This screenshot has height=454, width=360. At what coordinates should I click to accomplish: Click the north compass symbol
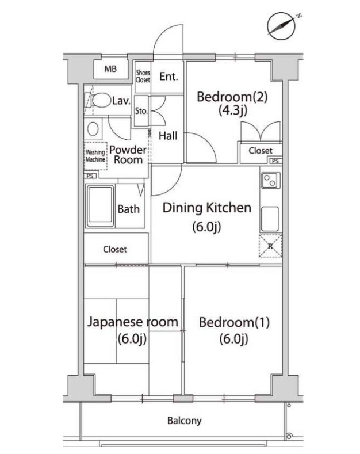coord(281,26)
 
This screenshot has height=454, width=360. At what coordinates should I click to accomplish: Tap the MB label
coord(110,69)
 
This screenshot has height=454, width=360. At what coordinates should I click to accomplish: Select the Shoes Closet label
coord(143,76)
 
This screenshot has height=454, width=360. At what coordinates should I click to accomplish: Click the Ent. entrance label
coord(168,77)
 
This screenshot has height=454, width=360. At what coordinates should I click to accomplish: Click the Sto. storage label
coord(141,111)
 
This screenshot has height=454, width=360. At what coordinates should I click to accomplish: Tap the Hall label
coord(168,135)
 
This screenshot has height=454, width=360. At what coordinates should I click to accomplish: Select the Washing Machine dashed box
coord(95,156)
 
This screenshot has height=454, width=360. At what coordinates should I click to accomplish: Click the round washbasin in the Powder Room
coord(93,129)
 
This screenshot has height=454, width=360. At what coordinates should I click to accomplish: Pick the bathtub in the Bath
coord(100,206)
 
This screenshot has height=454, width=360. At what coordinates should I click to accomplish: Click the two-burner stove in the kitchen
coord(271,180)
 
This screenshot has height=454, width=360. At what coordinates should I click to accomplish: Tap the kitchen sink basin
coord(270,219)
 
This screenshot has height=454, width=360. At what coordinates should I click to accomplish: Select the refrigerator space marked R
coord(270,246)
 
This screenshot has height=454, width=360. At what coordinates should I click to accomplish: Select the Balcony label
coord(185,421)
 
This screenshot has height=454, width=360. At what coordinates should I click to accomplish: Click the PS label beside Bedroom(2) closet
coord(275,161)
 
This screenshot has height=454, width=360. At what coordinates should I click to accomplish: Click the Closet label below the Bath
coord(115,249)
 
